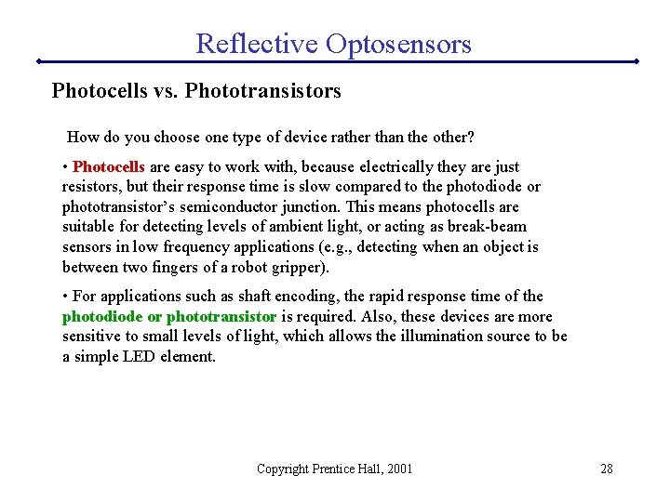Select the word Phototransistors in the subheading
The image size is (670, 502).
coord(263,91)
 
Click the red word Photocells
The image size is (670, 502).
coord(108,167)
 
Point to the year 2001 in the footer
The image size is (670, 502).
coord(397,469)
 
